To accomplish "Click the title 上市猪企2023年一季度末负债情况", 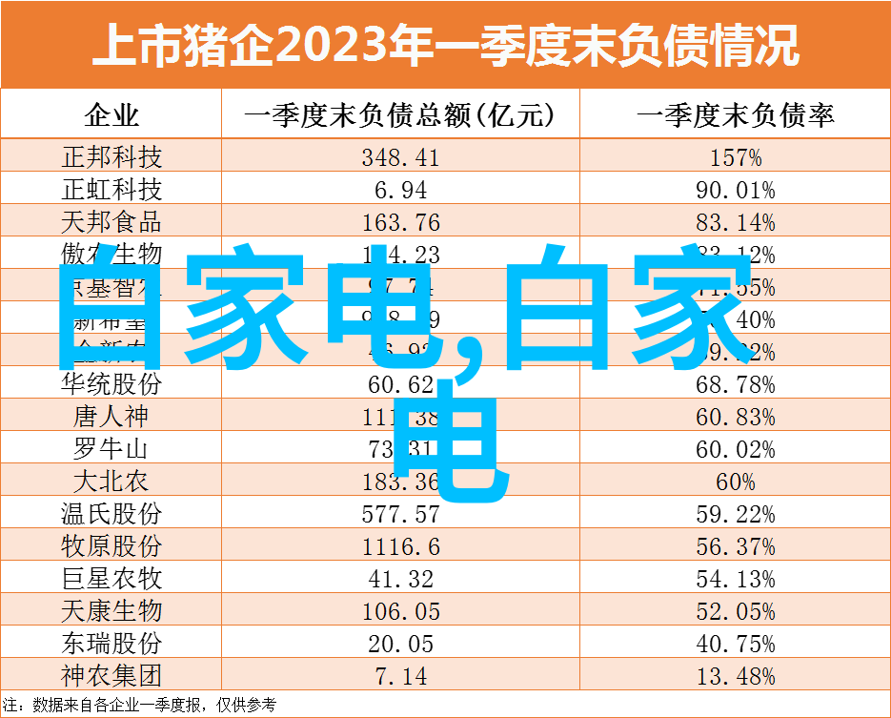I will (x=445, y=45).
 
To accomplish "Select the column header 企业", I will (x=111, y=116).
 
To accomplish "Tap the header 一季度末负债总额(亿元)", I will (x=400, y=116).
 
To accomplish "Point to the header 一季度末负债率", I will (x=735, y=116).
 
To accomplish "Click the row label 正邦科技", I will (x=111, y=156).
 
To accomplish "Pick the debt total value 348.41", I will (x=400, y=157).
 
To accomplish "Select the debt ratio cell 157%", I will (x=735, y=157).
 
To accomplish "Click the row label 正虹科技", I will (x=111, y=189).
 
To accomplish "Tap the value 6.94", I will (x=400, y=190).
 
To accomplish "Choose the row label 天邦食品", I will (x=111, y=222).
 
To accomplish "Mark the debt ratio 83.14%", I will (x=735, y=223).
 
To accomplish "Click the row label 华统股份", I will (x=111, y=384).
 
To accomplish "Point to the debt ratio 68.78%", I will (x=735, y=385).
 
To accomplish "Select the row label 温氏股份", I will (x=111, y=514).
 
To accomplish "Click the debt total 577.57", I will (x=400, y=515).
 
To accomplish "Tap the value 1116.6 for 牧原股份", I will (x=400, y=547).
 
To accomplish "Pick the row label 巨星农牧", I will (x=111, y=578).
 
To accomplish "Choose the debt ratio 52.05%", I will (x=735, y=611).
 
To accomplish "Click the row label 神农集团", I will (x=111, y=675).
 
